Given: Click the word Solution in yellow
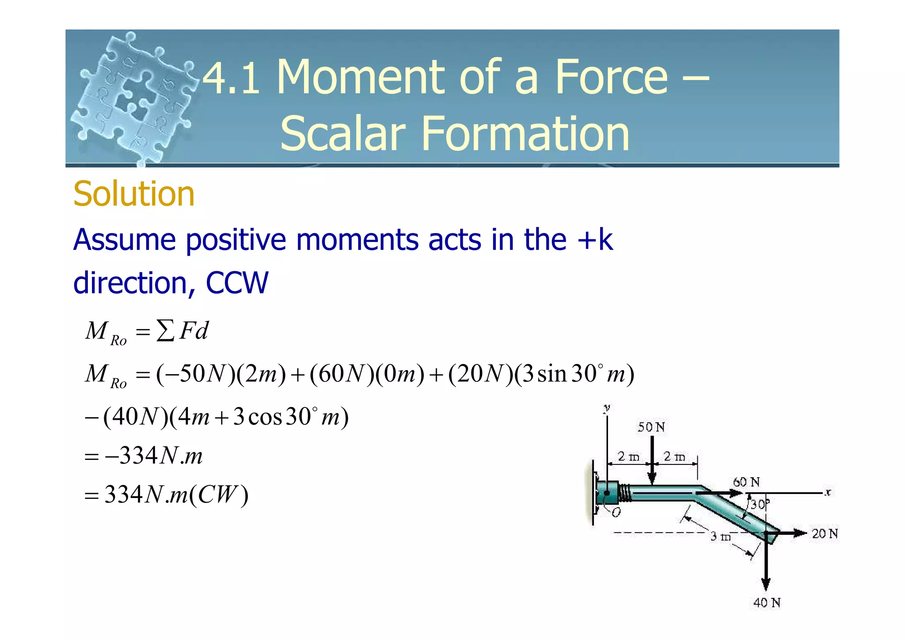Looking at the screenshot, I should (x=134, y=194).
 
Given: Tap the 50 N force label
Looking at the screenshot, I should (x=651, y=427).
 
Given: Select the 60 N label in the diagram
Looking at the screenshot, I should (x=746, y=482).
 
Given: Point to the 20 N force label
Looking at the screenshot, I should (x=825, y=533).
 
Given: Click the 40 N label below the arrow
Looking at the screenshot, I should (x=767, y=602).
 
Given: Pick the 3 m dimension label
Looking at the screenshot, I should (x=720, y=537).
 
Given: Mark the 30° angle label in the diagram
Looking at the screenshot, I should (x=760, y=504).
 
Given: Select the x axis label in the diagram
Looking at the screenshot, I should (x=828, y=492).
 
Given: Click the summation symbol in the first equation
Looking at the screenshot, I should (x=165, y=331).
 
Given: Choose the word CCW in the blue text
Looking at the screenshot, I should (x=237, y=283).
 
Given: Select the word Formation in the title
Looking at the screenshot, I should (x=525, y=133).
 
